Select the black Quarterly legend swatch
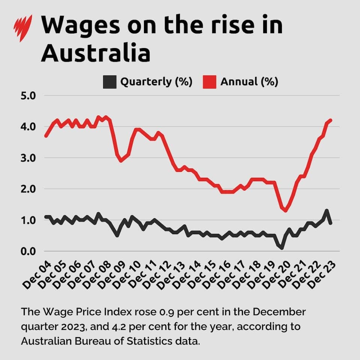pyautogui.click(x=110, y=82)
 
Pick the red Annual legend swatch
pyautogui.click(x=210, y=82)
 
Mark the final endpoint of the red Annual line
pyautogui.click(x=331, y=120)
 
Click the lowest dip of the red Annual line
pyautogui.click(x=286, y=210)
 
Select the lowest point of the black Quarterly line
pyautogui.click(x=281, y=247)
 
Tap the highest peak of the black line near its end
pyautogui.click(x=327, y=211)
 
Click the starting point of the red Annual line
pyautogui.click(x=46, y=136)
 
